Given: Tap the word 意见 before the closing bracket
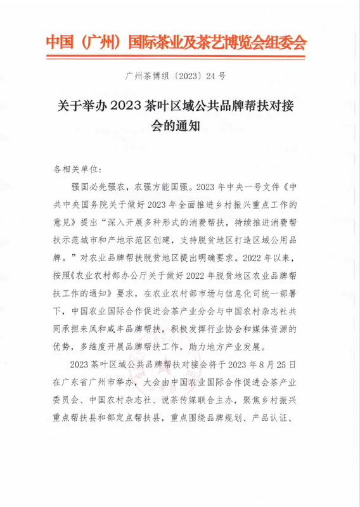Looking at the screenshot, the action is [64, 223].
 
